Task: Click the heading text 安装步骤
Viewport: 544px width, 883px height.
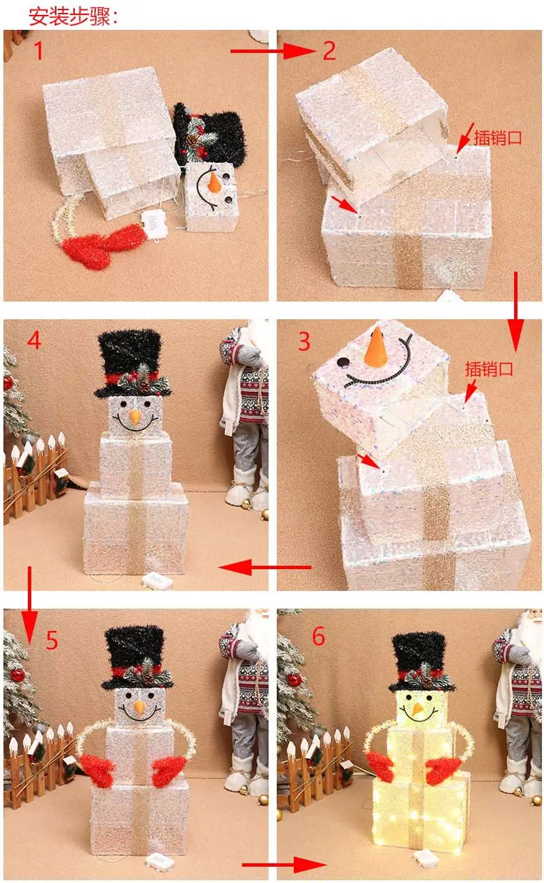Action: point(69,16)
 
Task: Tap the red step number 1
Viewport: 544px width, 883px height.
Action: point(38,51)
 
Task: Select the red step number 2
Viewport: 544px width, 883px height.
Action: point(329,51)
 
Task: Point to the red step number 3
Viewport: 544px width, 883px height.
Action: point(304,341)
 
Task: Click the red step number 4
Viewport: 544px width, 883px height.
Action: point(34,340)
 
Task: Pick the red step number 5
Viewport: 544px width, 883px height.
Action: point(52,640)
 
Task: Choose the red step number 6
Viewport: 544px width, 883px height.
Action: point(319,636)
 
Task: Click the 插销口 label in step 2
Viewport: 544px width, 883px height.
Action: point(497,138)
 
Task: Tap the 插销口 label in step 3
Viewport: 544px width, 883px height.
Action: point(489,369)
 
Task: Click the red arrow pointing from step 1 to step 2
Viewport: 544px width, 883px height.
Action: point(273,51)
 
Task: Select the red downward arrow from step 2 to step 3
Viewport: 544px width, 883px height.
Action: point(515,311)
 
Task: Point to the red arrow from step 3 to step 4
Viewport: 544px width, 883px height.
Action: point(265,568)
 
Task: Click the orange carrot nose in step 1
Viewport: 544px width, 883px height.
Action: point(214,181)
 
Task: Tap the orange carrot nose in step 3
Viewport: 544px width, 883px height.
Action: point(375,348)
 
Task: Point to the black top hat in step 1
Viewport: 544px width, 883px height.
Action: point(209,134)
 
